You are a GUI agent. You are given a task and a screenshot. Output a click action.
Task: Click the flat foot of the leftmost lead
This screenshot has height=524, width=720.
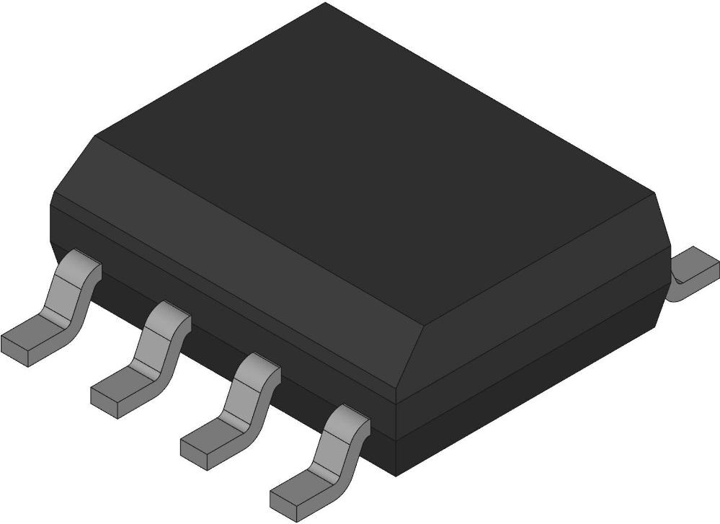click(29, 339)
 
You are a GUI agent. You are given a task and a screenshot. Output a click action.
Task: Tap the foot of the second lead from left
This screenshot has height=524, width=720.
click(118, 385)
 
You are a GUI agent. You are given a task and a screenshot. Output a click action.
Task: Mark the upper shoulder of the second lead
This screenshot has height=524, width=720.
click(169, 314)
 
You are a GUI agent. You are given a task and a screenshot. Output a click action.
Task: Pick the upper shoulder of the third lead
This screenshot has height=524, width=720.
click(258, 365)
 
